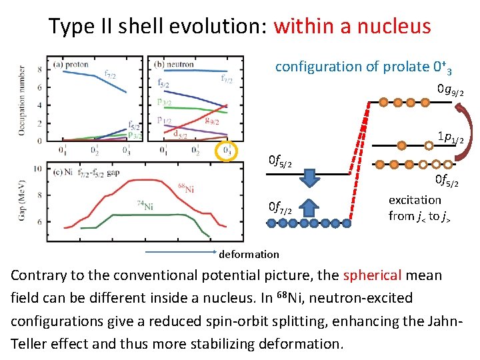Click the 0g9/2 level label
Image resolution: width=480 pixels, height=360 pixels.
[450, 89]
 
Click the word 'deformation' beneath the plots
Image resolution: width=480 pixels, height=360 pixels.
[249, 254]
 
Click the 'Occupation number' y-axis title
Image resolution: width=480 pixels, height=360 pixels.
[21, 100]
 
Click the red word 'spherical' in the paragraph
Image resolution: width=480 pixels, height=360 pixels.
[371, 275]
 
